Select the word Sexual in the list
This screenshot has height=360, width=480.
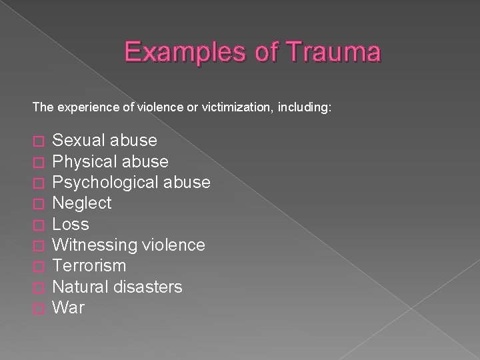pos(78,141)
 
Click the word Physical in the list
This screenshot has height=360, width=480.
pos(82,161)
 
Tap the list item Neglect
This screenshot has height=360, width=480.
pos(81,203)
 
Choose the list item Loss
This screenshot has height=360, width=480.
pos(70,223)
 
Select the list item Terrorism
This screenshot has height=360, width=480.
pos(89,265)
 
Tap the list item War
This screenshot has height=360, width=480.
pos(68,307)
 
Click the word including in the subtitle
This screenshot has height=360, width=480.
pos(305,106)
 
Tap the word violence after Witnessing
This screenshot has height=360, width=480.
pos(175,245)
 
